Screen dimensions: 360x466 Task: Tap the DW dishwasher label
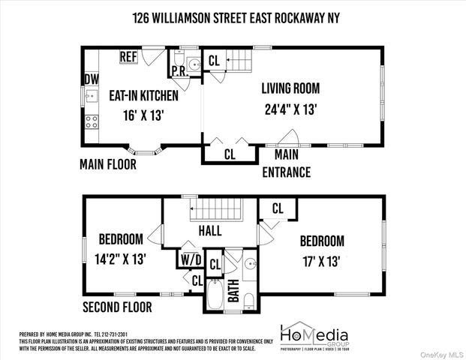point(91,78)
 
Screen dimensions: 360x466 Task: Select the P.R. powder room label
point(179,72)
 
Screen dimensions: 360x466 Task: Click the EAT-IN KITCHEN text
point(143,96)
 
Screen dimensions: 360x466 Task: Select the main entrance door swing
point(288,138)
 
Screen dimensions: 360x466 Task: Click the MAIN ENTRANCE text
point(286,163)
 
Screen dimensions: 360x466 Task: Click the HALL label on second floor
point(210,231)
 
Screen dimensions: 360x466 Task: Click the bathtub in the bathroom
point(215,295)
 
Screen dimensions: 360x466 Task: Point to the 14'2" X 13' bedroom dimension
point(122,259)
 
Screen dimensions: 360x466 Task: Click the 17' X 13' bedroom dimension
point(322,262)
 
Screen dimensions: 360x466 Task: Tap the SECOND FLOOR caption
point(117,307)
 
